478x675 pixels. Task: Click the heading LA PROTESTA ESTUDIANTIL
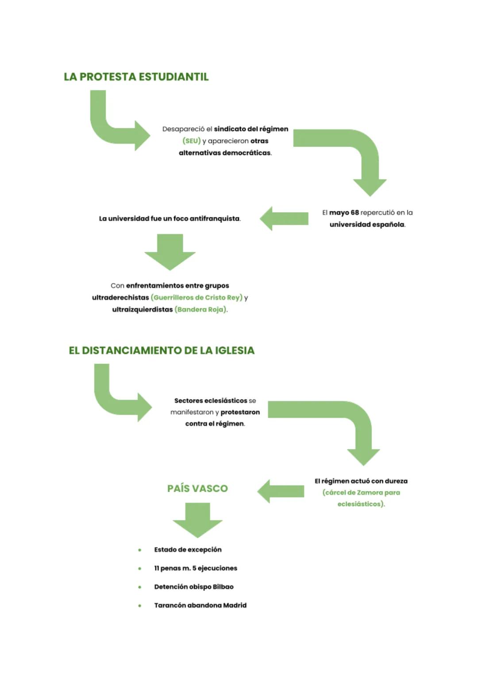click(136, 77)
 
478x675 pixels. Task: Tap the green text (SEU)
click(192, 141)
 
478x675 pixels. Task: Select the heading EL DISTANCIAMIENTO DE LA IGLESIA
click(162, 351)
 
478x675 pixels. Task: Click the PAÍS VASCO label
click(197, 488)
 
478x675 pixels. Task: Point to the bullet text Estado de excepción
click(188, 550)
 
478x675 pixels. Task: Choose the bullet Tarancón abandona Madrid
click(200, 605)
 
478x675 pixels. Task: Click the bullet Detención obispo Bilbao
click(193, 586)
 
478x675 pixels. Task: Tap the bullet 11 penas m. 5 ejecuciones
click(195, 568)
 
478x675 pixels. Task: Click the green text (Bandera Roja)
click(201, 309)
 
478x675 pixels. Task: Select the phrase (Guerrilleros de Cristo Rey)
click(197, 297)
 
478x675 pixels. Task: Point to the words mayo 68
click(344, 212)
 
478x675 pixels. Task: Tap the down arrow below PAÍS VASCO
click(197, 520)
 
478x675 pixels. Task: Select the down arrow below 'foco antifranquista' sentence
click(170, 252)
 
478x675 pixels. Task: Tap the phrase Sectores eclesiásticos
click(211, 401)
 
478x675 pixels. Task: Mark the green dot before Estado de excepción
click(140, 550)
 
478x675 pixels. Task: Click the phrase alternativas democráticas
click(225, 153)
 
